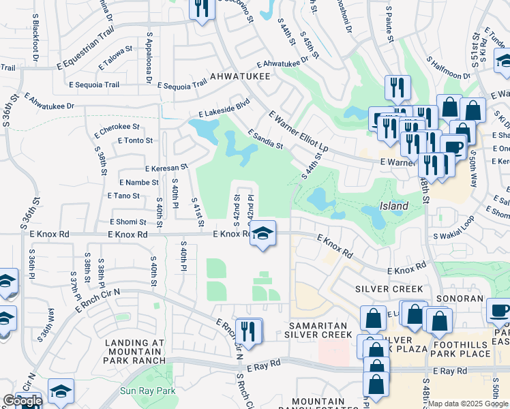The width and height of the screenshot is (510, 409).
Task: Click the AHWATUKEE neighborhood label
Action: click(x=240, y=76)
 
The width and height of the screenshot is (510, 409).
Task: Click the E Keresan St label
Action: click(x=166, y=168)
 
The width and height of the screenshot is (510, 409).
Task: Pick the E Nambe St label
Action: click(x=139, y=183)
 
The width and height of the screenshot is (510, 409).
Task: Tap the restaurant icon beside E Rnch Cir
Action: click(x=249, y=331)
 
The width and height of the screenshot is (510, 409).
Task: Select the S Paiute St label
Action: click(x=389, y=25)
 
